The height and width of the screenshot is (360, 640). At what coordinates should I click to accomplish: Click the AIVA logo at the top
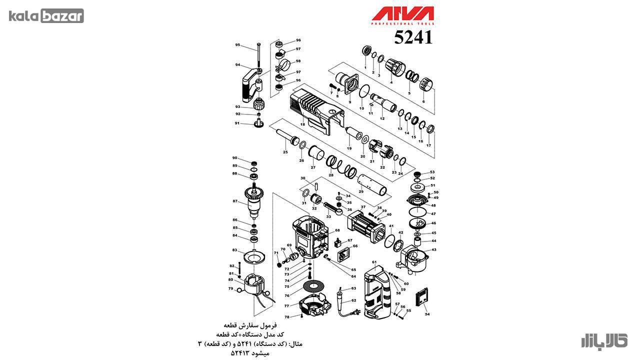[x=402, y=15]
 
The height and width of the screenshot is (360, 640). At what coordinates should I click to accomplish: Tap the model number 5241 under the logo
[x=413, y=37]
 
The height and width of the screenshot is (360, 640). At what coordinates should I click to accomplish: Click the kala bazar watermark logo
[x=46, y=16]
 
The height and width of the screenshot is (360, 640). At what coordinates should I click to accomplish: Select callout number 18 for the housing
[x=302, y=123]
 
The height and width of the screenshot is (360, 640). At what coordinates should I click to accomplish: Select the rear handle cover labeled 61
[x=378, y=292]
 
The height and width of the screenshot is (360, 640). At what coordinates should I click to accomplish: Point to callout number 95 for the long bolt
[x=238, y=45]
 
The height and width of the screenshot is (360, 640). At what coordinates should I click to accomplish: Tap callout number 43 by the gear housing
[x=433, y=249]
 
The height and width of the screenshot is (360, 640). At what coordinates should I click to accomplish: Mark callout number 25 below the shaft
[x=285, y=151]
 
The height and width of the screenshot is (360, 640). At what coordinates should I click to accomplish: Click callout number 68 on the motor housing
[x=337, y=230]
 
